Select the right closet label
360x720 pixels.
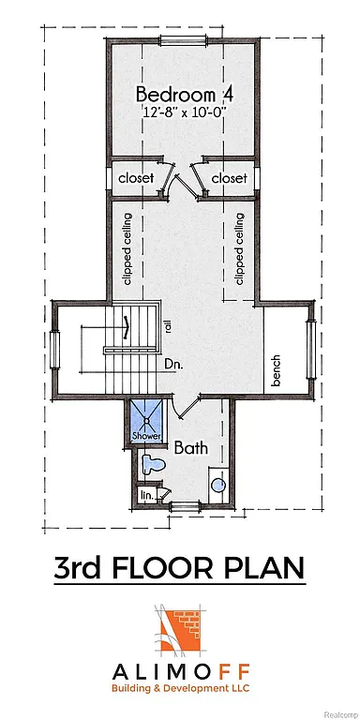229,177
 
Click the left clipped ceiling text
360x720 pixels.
127,248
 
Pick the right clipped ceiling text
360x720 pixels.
239,248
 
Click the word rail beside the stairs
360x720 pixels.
169,327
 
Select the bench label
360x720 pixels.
277,373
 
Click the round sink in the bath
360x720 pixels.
217,485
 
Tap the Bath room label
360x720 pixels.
191,448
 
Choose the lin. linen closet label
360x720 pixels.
145,493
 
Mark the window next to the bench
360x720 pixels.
310,348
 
